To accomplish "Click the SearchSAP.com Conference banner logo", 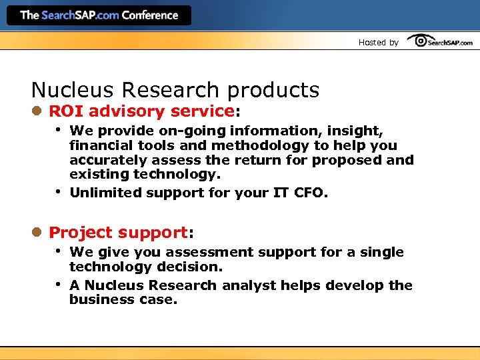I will (99, 15).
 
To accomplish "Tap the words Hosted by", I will (378, 43).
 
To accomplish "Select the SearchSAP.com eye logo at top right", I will (440, 41).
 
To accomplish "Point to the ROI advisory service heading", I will (141, 111).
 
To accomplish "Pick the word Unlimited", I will (103, 193).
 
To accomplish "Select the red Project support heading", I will (118, 233).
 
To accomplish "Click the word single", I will (381, 252).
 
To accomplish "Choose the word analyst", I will (249, 285).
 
